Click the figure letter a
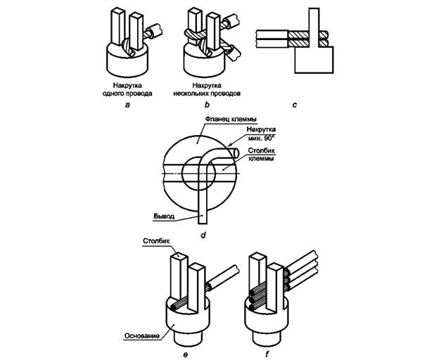pyautogui.click(x=127, y=104)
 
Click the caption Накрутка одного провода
pyautogui.click(x=127, y=88)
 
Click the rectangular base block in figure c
pyautogui.click(x=314, y=61)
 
